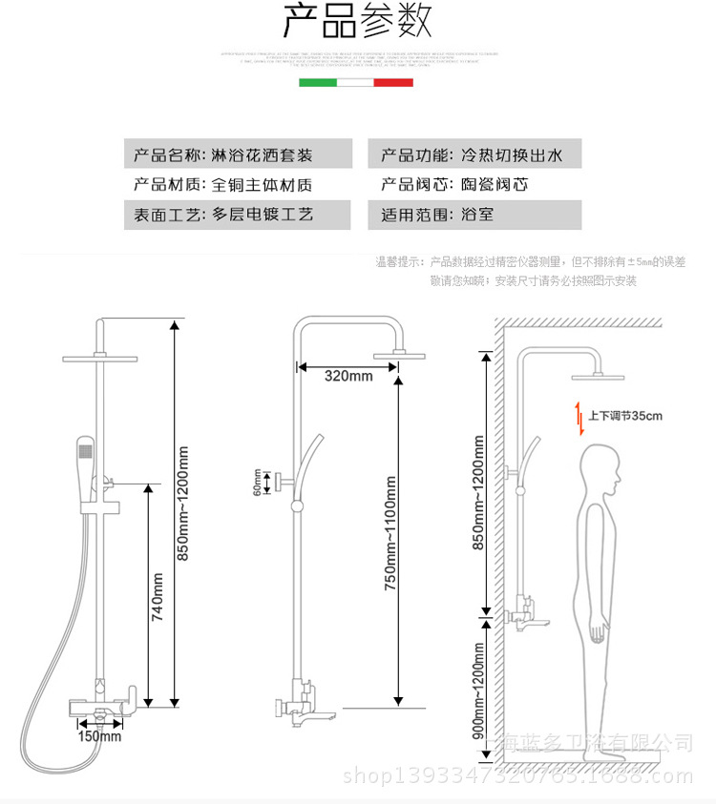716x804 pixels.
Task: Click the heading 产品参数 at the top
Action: pos(357,21)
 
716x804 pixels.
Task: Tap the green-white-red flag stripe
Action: pos(356,83)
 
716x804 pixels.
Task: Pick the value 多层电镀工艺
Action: pos(262,215)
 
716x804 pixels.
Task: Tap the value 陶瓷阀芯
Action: pos(494,184)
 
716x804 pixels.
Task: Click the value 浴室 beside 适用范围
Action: pos(477,215)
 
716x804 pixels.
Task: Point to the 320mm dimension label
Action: pos(347,376)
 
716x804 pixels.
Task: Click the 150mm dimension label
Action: pos(100,735)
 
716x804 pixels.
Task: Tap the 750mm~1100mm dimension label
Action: pos(390,540)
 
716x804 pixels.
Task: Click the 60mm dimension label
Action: pos(257,481)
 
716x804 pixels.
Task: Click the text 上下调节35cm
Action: pos(624,416)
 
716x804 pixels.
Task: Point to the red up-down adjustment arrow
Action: pos(578,418)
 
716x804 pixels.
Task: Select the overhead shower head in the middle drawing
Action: pos(399,355)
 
